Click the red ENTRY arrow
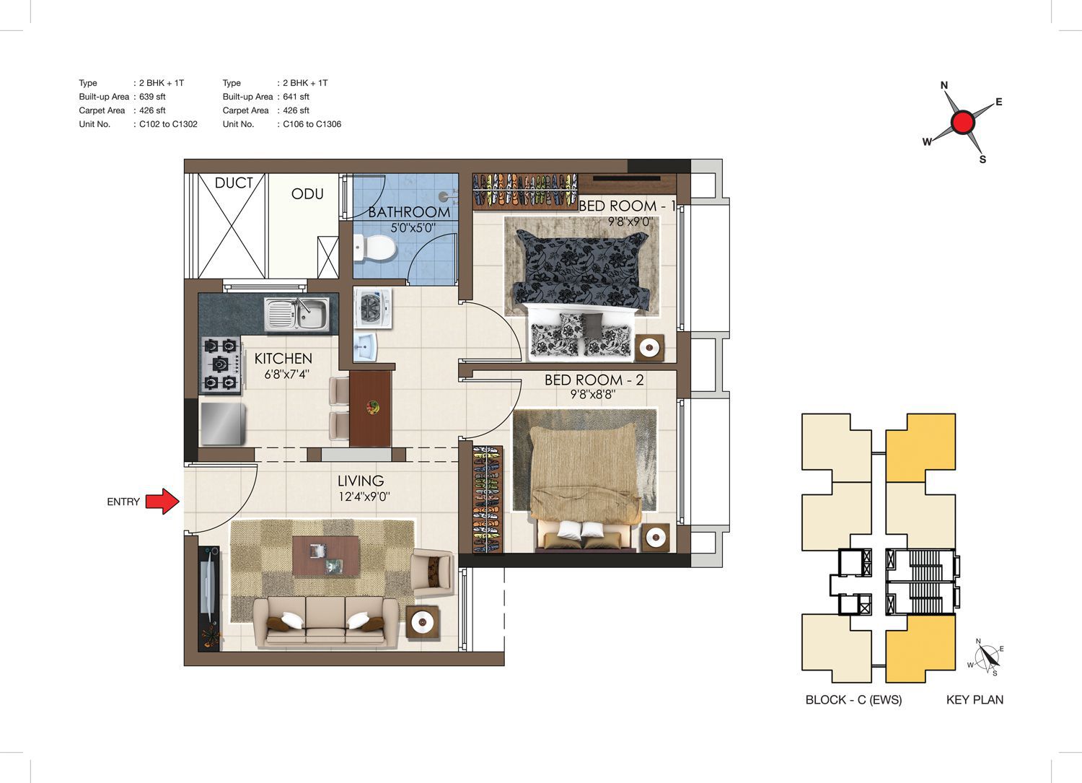[163, 502]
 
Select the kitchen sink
[297, 314]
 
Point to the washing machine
[372, 308]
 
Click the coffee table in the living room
[326, 556]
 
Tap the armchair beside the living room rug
[432, 572]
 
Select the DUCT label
[234, 183]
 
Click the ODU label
[307, 194]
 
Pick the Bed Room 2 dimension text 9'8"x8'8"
[593, 395]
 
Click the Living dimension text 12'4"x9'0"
[364, 497]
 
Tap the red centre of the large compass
[963, 122]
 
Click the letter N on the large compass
[944, 86]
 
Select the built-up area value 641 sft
[296, 97]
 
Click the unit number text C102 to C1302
[168, 124]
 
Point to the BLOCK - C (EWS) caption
[853, 700]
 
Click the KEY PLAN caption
[975, 700]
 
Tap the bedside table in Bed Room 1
[649, 348]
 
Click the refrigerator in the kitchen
[223, 424]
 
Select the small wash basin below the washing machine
[365, 346]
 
